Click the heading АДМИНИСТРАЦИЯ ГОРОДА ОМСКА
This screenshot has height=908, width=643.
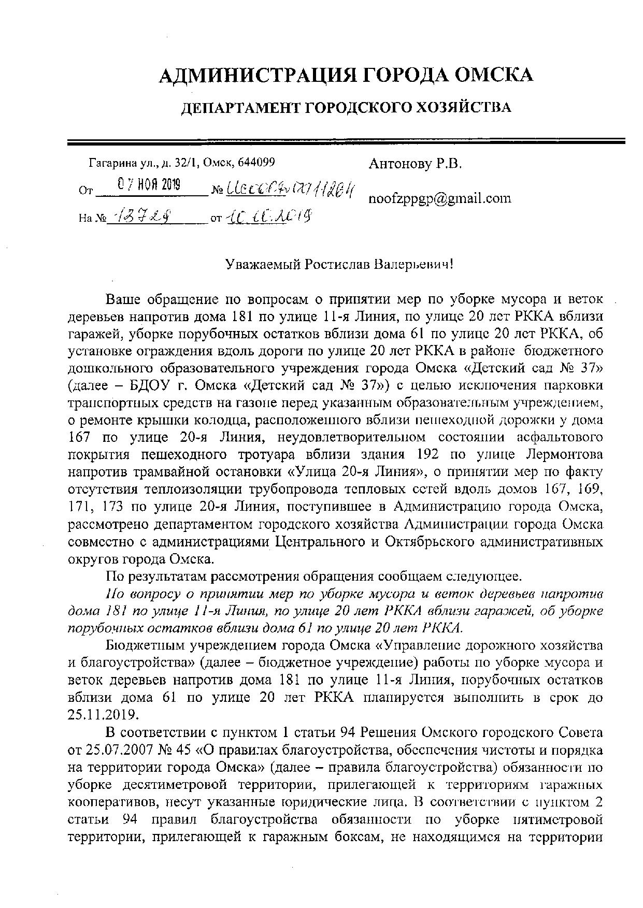click(x=346, y=75)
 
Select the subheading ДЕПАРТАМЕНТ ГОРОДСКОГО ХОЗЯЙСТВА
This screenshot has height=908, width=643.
click(x=345, y=108)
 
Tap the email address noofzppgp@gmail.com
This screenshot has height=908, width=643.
click(x=439, y=198)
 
